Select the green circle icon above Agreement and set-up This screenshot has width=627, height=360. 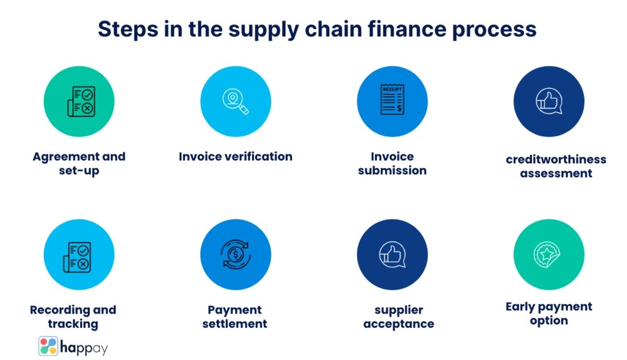click(x=79, y=101)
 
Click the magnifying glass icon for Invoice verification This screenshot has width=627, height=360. click(x=236, y=101)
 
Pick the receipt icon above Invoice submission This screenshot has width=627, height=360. click(x=393, y=101)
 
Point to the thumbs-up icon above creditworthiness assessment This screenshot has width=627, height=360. click(x=549, y=101)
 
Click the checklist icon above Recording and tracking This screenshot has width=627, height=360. click(x=79, y=255)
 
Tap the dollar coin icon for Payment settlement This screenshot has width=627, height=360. click(x=236, y=255)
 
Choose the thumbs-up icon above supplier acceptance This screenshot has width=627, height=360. click(x=393, y=255)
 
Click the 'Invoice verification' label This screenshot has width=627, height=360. click(x=236, y=156)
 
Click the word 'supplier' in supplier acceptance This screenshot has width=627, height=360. click(x=399, y=310)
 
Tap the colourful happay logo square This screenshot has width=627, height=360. click(x=48, y=346)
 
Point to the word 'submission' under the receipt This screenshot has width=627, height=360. click(x=393, y=171)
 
